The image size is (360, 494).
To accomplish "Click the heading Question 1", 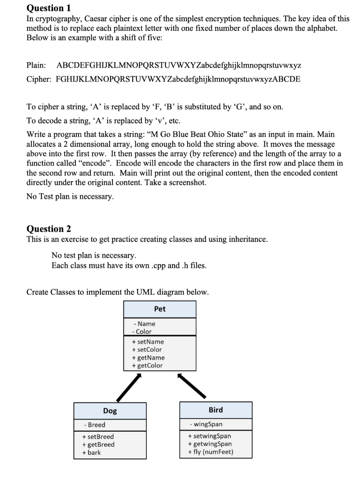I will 48,8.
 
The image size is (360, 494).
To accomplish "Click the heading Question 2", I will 48,228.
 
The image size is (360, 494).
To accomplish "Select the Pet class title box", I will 160,309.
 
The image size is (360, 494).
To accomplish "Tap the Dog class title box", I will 110,411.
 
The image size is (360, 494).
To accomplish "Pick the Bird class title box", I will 216,410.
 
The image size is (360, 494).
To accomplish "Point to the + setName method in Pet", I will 148,342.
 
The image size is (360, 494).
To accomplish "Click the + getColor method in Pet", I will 147,365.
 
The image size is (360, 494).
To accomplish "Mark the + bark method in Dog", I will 92,452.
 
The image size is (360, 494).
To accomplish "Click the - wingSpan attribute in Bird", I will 207,425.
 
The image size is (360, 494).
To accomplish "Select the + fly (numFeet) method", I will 213,452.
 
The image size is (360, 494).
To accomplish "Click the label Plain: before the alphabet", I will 36,65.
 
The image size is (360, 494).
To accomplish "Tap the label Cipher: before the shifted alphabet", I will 39,79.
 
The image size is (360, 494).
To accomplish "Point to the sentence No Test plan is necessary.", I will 70,196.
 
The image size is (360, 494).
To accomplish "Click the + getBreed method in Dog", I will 98,444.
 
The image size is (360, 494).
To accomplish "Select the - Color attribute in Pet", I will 142,331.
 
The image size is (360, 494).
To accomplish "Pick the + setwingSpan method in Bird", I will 212,436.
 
